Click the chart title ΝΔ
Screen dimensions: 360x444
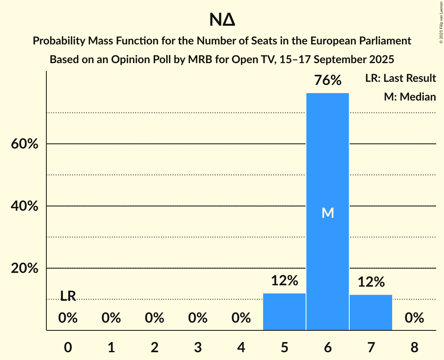222,20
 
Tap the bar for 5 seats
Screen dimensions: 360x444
284,312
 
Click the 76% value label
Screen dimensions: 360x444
327,81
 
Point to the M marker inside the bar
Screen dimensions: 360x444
327,213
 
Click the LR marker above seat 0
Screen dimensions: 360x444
68,296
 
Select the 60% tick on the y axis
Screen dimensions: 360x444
24,144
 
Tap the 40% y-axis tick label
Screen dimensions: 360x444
24,206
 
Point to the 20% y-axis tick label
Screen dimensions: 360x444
24,268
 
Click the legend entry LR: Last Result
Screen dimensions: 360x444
400,78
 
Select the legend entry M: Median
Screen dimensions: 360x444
410,97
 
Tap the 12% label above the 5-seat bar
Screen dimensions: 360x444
284,280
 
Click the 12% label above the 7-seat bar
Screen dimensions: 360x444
371,282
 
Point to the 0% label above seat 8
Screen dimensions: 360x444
414,318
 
